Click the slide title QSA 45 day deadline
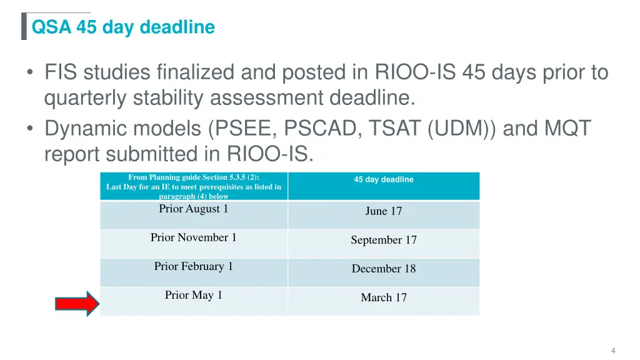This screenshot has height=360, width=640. (123, 27)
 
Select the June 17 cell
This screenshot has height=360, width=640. (383, 211)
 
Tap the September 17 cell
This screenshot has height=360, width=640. (383, 240)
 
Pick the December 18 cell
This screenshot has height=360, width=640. (383, 269)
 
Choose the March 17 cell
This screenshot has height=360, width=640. (383, 297)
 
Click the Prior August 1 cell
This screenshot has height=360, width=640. (193, 209)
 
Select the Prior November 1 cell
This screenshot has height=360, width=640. (193, 237)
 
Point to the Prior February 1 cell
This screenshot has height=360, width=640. (193, 266)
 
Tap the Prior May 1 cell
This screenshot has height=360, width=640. (193, 295)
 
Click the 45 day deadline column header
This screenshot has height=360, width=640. (383, 180)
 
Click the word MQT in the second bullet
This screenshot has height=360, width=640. (567, 128)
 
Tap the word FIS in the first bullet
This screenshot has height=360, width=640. (62, 73)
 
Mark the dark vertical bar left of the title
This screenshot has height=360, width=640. (24, 27)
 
